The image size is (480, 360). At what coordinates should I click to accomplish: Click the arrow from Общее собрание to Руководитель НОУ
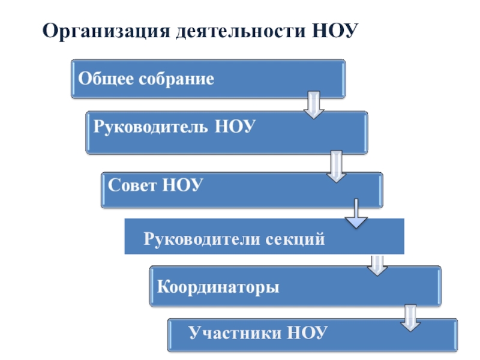click(x=314, y=105)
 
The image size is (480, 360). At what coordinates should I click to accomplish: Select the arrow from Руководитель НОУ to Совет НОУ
click(x=336, y=166)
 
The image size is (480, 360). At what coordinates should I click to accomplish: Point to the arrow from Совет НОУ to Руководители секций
click(x=355, y=214)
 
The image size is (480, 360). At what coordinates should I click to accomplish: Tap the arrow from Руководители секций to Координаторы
click(x=377, y=265)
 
